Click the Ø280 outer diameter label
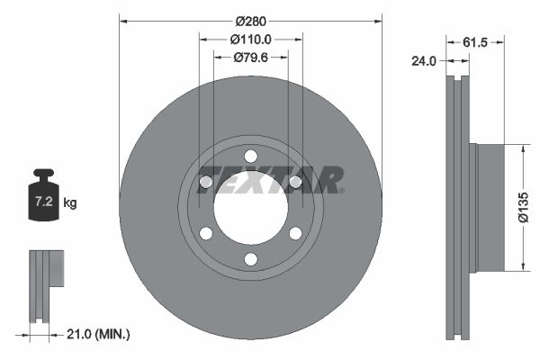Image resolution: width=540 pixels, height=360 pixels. pyautogui.click(x=250, y=20)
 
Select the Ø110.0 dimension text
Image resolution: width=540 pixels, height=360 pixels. pyautogui.click(x=250, y=40)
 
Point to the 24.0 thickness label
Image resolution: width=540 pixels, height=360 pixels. pyautogui.click(x=425, y=62)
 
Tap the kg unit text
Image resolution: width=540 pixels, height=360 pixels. pyautogui.click(x=70, y=203)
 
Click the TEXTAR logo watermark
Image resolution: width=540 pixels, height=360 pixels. pyautogui.click(x=270, y=179)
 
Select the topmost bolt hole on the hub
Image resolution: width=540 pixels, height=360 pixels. pyautogui.click(x=250, y=157)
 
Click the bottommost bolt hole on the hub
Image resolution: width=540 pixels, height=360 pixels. pyautogui.click(x=250, y=259)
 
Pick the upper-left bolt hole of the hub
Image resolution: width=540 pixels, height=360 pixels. pyautogui.click(x=206, y=183)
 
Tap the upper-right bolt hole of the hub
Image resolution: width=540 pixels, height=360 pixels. pyautogui.click(x=295, y=183)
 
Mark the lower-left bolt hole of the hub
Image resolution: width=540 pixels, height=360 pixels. pyautogui.click(x=206, y=234)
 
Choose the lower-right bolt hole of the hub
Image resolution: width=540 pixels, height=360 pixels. pyautogui.click(x=295, y=234)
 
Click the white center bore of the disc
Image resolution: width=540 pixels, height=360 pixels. pyautogui.click(x=250, y=208)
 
